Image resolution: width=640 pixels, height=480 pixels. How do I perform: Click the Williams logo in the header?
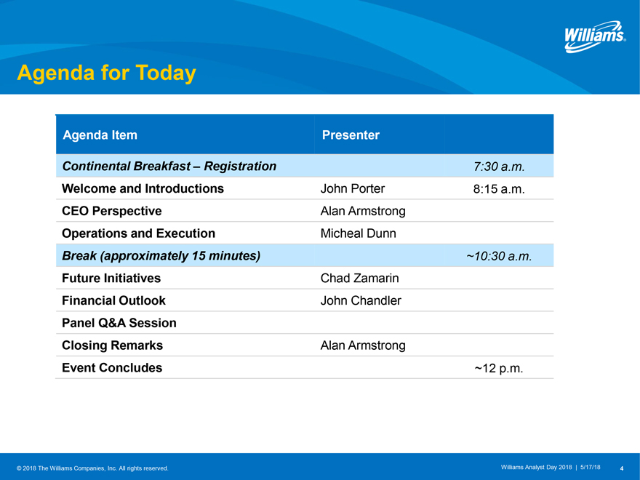pyautogui.click(x=595, y=37)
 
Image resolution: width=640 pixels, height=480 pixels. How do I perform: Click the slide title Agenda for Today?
pyautogui.click(x=106, y=73)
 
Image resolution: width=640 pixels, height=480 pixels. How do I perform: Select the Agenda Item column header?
pyautogui.click(x=100, y=135)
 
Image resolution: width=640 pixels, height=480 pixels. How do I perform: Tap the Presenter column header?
pyautogui.click(x=351, y=135)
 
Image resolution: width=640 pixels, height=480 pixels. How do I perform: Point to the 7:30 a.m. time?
pyautogui.click(x=499, y=167)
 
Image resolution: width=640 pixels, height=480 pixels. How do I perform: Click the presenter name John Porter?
pyautogui.click(x=352, y=188)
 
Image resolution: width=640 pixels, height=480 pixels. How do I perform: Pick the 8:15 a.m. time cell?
pyautogui.click(x=499, y=189)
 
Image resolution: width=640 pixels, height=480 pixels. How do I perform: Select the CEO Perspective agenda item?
pyautogui.click(x=112, y=211)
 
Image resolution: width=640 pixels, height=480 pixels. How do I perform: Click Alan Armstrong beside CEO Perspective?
pyautogui.click(x=363, y=211)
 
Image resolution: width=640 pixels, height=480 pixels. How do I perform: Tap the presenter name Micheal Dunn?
pyautogui.click(x=358, y=233)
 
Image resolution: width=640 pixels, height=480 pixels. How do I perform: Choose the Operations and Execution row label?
pyautogui.click(x=138, y=233)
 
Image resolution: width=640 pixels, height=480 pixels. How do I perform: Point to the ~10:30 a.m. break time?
pyautogui.click(x=499, y=256)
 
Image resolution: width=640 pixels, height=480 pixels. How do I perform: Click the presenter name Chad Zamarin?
pyautogui.click(x=359, y=279)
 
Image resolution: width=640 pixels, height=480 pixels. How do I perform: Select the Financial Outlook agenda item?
pyautogui.click(x=113, y=301)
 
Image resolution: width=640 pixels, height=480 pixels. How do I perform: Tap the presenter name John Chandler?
pyautogui.click(x=361, y=301)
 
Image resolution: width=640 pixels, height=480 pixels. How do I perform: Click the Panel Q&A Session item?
pyautogui.click(x=119, y=323)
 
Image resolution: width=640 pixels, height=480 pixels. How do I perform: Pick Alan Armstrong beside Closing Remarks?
pyautogui.click(x=363, y=345)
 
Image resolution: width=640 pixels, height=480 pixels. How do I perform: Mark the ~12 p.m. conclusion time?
pyautogui.click(x=499, y=368)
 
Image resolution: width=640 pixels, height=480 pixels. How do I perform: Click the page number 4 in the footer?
pyautogui.click(x=622, y=468)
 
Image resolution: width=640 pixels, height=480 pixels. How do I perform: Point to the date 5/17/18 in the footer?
pyautogui.click(x=591, y=468)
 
